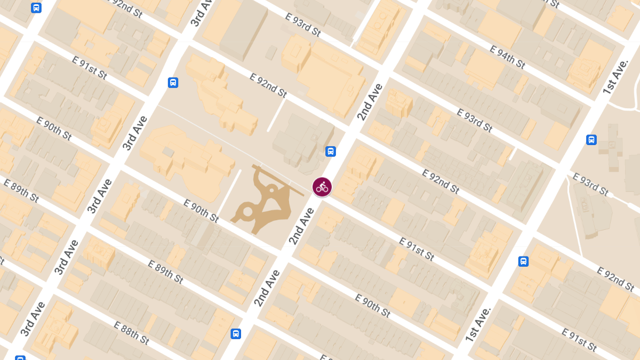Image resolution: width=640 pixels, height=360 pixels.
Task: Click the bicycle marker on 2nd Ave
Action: tap(322, 187)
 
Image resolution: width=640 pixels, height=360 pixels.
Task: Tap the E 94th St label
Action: tap(507, 57)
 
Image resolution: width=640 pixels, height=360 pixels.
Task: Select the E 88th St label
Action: tap(131, 332)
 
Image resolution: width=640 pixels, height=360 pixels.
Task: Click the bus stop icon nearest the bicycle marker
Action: tap(331, 151)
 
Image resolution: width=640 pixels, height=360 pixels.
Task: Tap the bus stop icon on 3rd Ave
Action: tap(173, 83)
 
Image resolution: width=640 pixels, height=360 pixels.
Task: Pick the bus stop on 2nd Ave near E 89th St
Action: tap(235, 334)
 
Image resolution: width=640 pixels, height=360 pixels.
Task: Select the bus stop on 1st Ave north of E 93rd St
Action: tap(591, 140)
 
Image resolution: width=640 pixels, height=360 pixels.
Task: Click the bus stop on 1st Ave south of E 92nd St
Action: tap(523, 261)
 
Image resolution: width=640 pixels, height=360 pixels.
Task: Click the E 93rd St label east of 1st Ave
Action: tap(590, 183)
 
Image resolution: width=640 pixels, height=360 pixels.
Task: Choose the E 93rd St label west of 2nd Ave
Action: tap(302, 25)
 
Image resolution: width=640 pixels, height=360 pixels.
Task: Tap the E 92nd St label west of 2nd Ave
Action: tap(268, 85)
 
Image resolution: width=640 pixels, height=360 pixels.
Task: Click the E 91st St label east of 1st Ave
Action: tap(579, 339)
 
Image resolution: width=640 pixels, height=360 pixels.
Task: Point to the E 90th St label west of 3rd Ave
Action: tap(54, 128)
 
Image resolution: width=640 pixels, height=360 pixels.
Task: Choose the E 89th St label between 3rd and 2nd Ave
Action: tap(165, 272)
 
